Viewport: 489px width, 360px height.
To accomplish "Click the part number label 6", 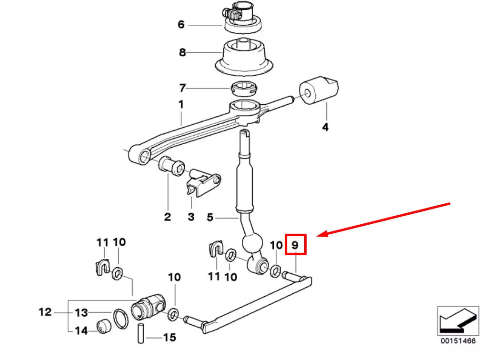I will point(181,24).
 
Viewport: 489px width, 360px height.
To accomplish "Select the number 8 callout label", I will point(182,52).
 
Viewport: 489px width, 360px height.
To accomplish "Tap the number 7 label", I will point(182,88).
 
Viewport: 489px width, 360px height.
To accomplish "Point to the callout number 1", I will point(181,104).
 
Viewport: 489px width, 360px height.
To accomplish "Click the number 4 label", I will point(325,127).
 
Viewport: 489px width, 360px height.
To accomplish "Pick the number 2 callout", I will point(167,217).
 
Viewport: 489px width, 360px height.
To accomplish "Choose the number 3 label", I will point(191,217).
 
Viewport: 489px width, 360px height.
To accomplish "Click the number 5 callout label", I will point(210,218).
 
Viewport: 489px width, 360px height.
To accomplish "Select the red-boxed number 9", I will point(295,245).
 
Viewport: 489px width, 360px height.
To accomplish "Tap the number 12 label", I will point(45,312).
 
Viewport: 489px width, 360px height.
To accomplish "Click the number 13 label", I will point(81,313).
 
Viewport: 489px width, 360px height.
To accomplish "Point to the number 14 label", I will point(81,330).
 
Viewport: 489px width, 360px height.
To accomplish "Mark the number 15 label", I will point(170,338).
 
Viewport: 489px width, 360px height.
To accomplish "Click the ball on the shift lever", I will point(253,243).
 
